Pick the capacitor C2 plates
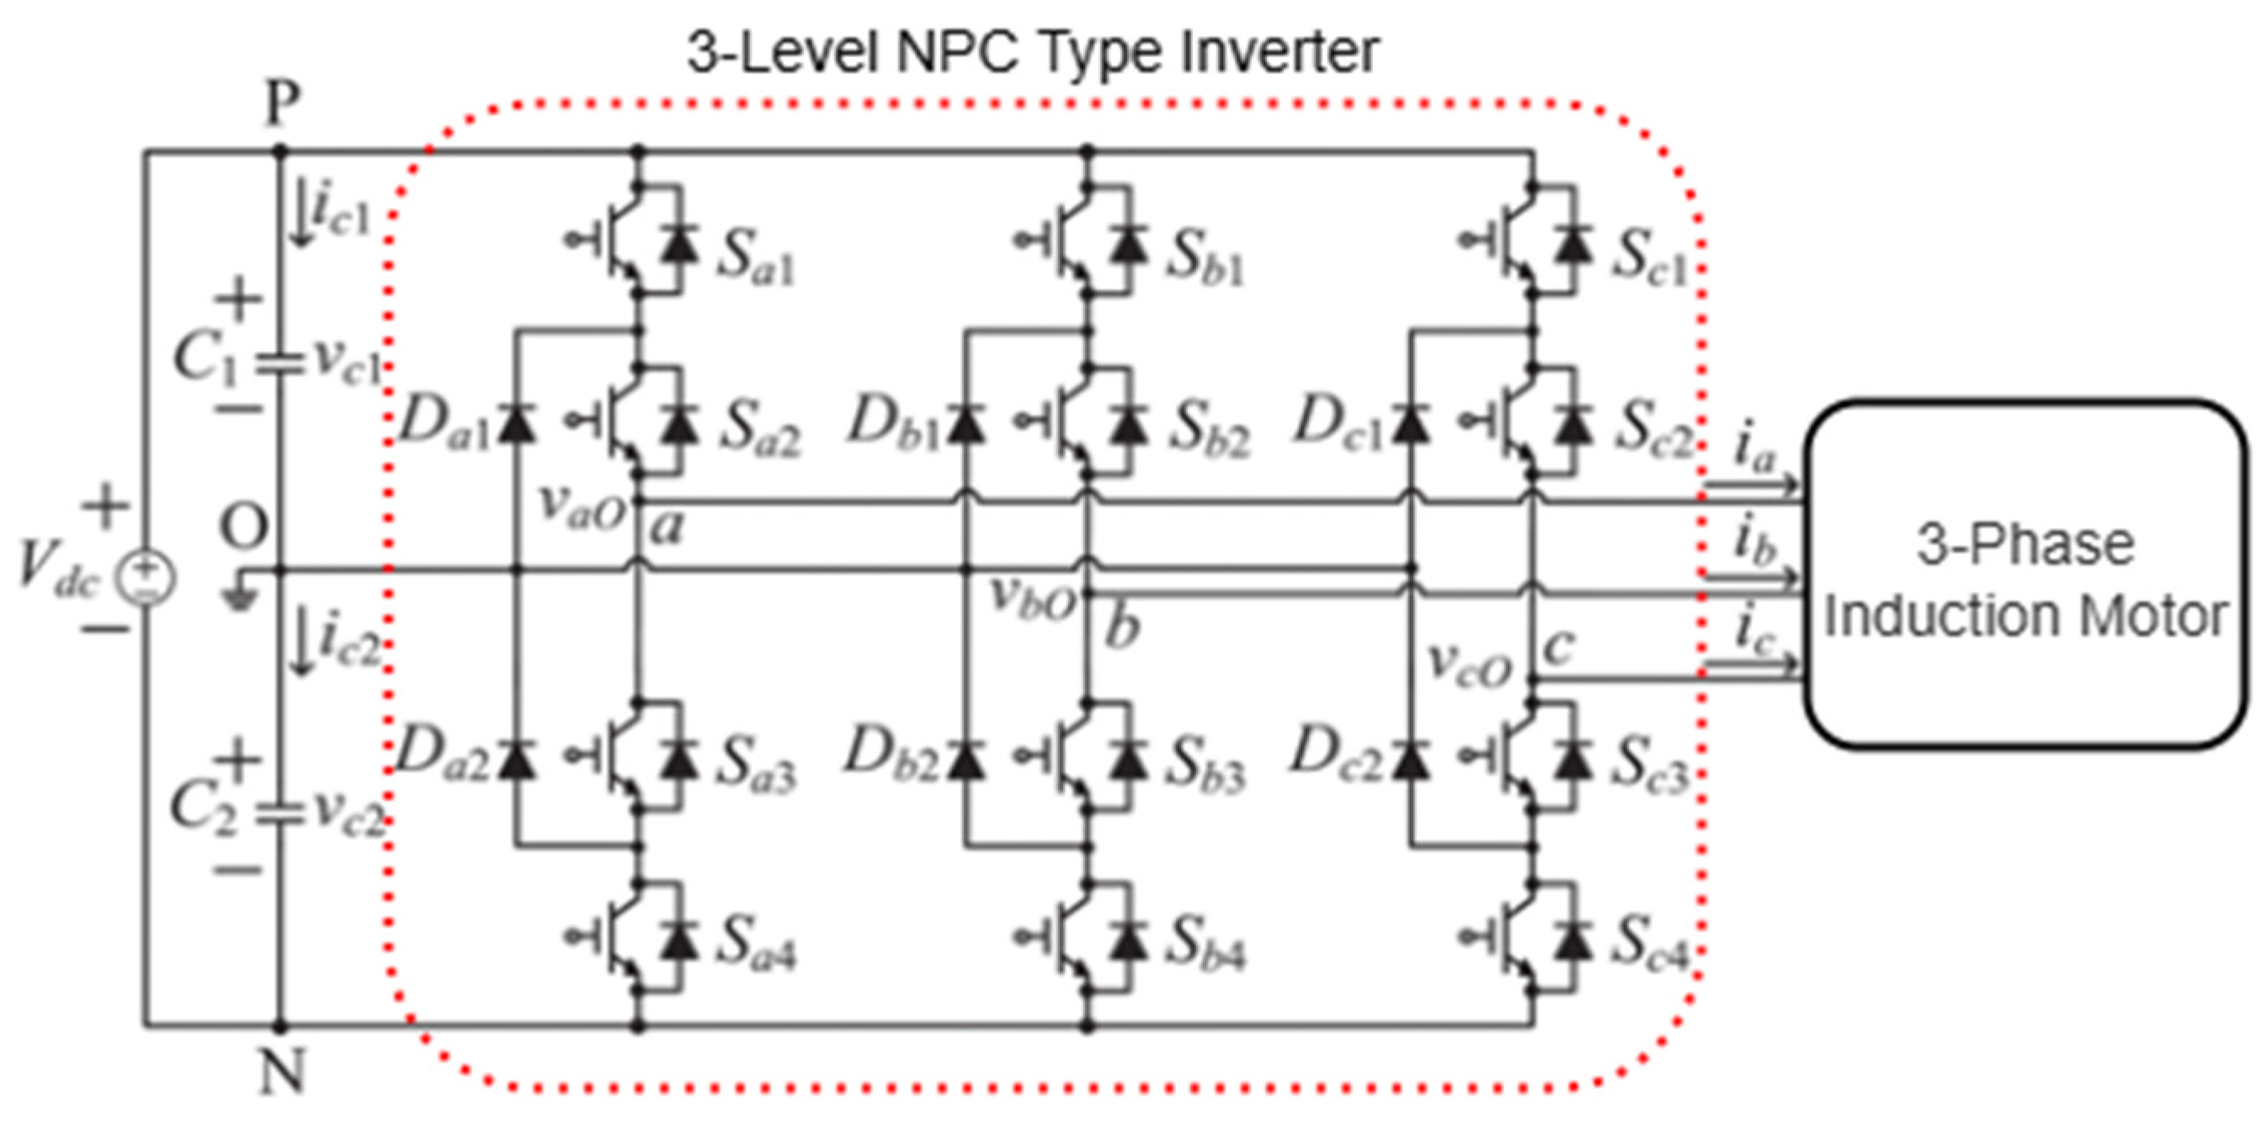click(279, 815)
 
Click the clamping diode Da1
click(517, 423)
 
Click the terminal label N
click(281, 1074)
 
